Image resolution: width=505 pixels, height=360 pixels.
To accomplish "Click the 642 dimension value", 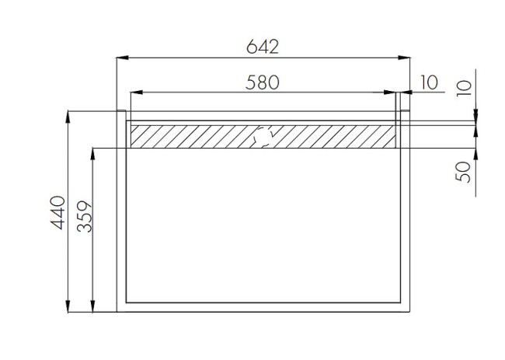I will coord(263,46).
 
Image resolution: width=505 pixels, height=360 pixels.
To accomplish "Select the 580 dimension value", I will coord(263,82).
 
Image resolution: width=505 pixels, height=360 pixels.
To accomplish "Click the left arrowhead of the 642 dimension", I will coord(122,58).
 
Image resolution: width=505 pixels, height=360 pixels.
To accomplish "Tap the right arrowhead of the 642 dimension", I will coord(405,58).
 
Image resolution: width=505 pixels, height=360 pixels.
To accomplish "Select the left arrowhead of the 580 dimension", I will coord(135,93).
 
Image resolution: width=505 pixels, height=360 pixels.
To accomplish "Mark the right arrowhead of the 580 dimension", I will coord(392,93).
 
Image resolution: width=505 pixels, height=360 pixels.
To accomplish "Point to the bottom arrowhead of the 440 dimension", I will coord(69,307).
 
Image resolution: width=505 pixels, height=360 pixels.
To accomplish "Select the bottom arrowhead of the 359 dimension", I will coord(95,307).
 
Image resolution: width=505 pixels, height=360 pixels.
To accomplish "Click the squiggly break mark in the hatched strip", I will coord(264,137).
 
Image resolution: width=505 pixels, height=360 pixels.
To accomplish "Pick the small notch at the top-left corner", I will coord(121,115).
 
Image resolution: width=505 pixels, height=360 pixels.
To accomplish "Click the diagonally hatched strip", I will coord(194,137).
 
